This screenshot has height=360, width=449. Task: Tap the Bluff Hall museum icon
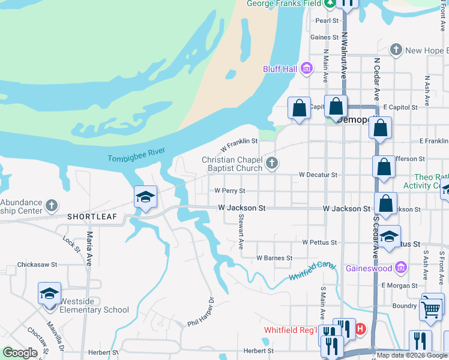pyautogui.click(x=307, y=69)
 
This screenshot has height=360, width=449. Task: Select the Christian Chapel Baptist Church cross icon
pyautogui.click(x=272, y=163)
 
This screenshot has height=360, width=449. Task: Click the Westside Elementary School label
pyautogui.click(x=95, y=310)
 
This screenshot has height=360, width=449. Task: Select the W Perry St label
pyautogui.click(x=230, y=191)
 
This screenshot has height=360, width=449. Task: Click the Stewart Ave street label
pyautogui.click(x=241, y=232)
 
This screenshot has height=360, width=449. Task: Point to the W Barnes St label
pyautogui.click(x=274, y=258)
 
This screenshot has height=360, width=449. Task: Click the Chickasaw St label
pyautogui.click(x=37, y=264)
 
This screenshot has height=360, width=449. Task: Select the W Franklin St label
pyautogui.click(x=239, y=145)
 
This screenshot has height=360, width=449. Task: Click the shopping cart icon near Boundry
pyautogui.click(x=430, y=310)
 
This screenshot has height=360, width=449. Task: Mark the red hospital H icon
pyautogui.click(x=360, y=329)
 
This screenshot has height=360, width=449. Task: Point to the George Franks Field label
pyautogui.click(x=285, y=4)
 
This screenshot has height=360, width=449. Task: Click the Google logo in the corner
pyautogui.click(x=20, y=353)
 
